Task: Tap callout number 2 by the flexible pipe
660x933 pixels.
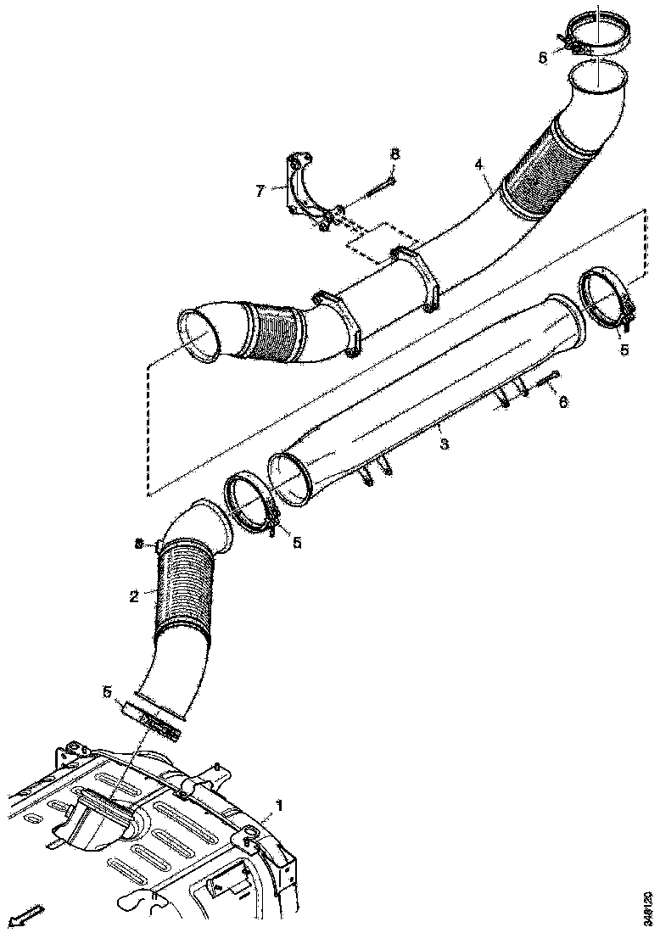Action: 134,595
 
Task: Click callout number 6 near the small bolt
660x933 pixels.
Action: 562,403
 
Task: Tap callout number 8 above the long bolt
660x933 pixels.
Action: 394,154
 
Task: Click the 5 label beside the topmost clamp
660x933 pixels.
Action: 543,58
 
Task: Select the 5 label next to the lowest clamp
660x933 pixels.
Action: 108,692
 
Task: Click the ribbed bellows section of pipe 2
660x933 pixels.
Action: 182,585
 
